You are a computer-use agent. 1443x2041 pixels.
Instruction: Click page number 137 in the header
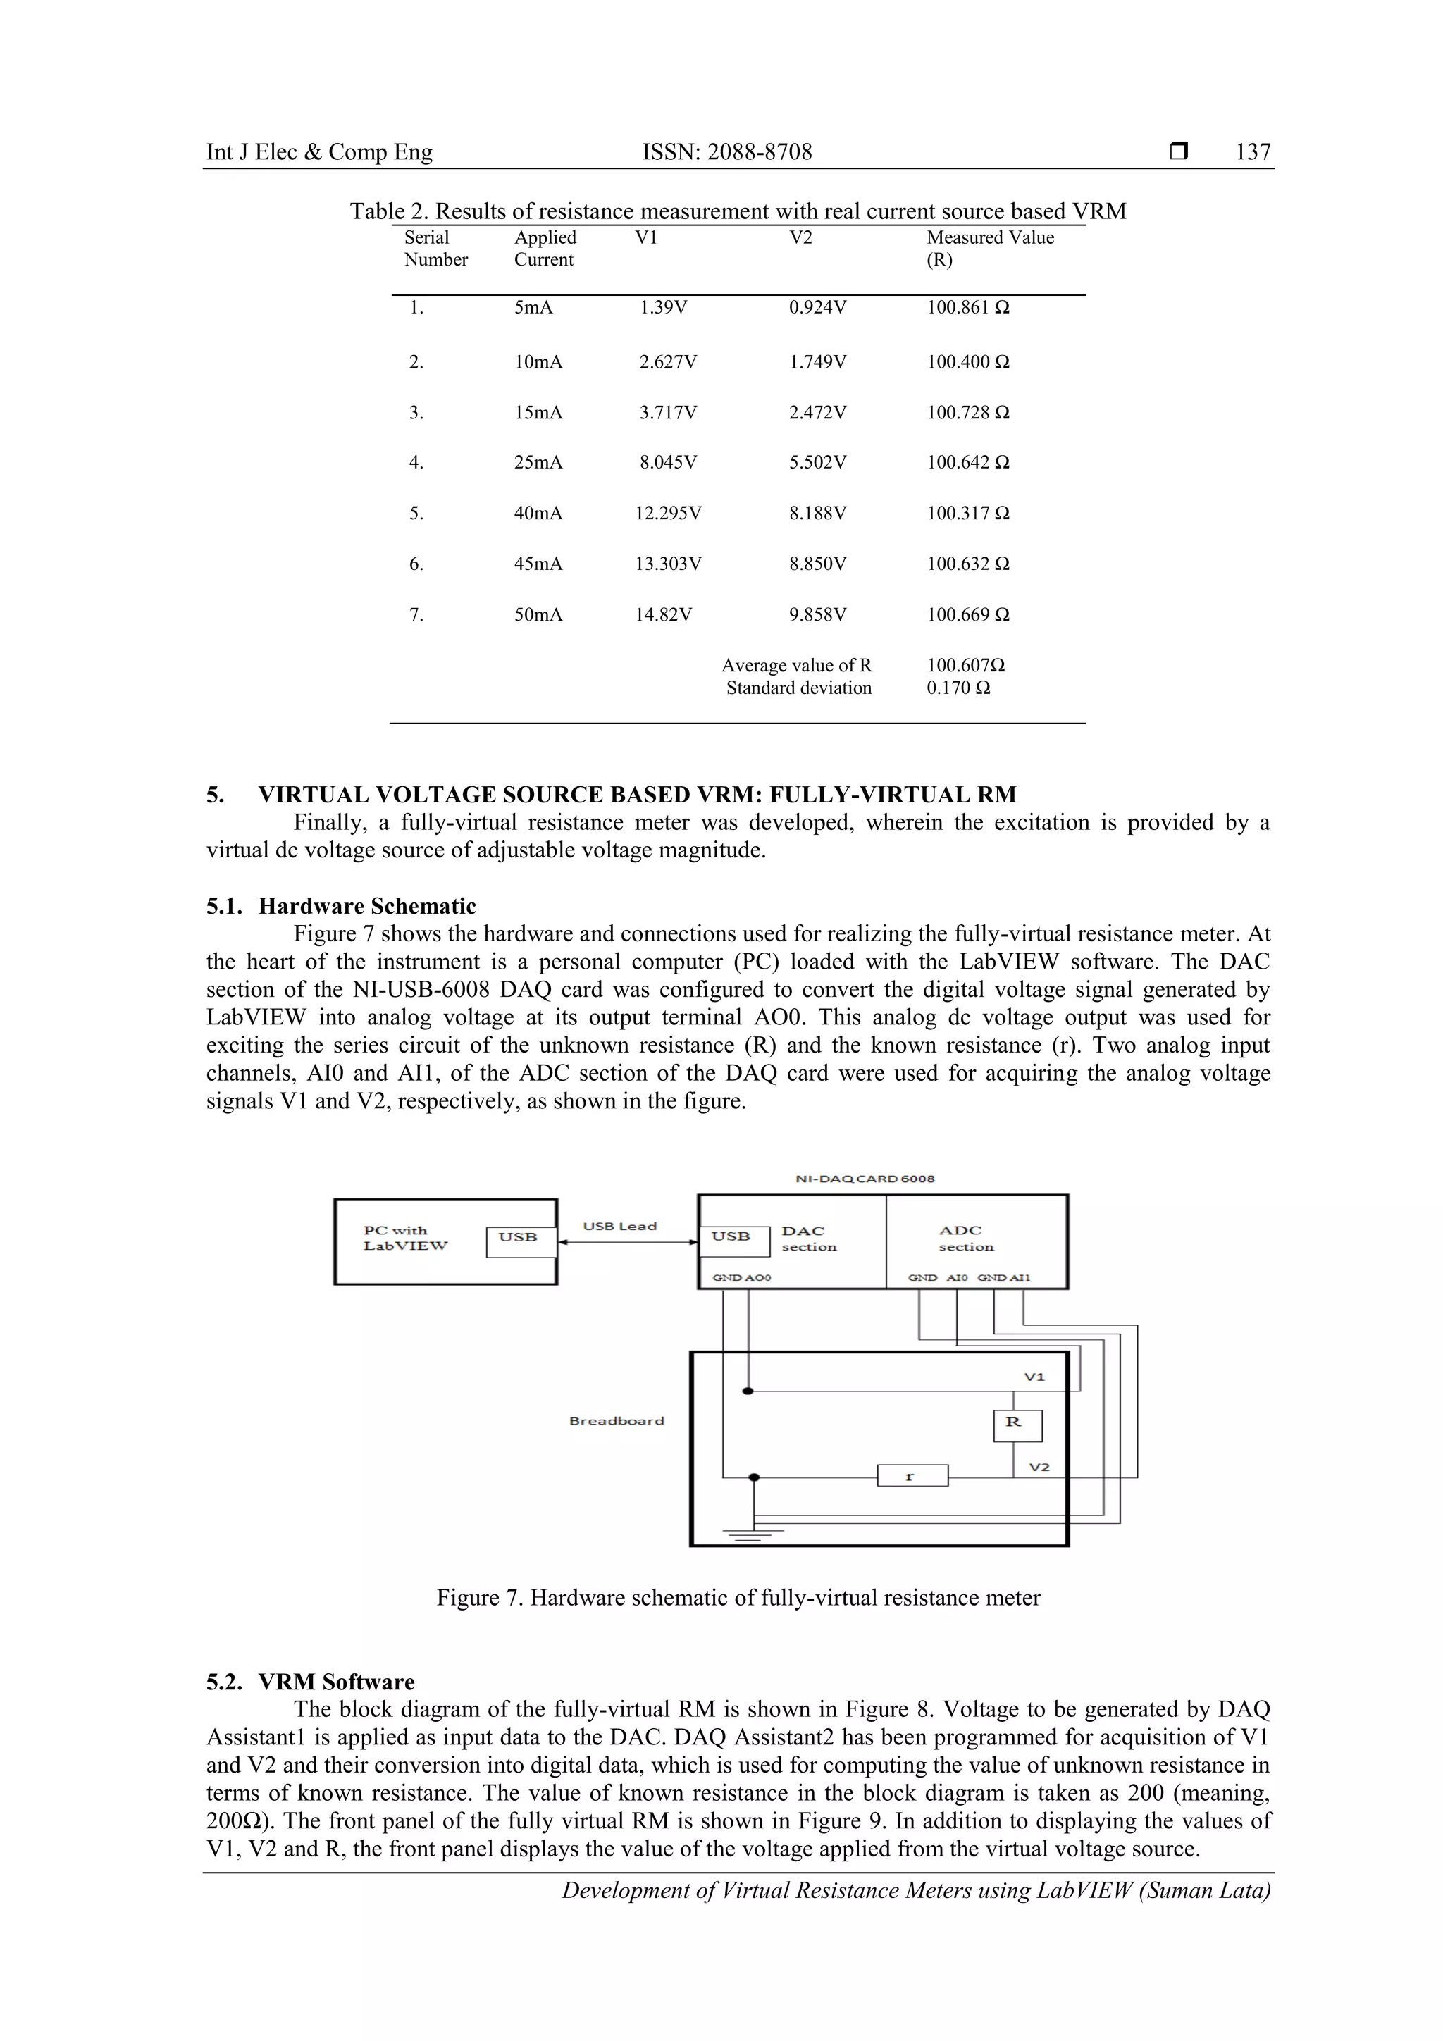(1252, 152)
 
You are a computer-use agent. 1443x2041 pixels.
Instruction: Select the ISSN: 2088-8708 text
(726, 152)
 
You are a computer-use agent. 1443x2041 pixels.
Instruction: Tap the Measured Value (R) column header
(989, 248)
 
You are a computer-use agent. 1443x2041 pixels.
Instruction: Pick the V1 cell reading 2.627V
(668, 362)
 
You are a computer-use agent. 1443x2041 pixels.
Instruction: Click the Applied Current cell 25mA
(538, 462)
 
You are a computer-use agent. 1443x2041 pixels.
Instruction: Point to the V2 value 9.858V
(817, 614)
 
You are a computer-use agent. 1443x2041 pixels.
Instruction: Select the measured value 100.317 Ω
(967, 513)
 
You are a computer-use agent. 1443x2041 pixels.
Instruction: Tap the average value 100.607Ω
(965, 665)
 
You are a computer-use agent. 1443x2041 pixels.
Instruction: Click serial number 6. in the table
(416, 564)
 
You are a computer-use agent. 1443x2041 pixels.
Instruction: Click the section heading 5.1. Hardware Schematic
(342, 906)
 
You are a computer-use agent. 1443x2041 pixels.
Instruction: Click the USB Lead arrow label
(620, 1226)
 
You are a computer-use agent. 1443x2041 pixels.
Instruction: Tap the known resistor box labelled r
(912, 1476)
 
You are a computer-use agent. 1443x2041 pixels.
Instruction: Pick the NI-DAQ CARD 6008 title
(865, 1179)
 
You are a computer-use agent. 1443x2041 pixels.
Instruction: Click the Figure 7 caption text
(737, 1597)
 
